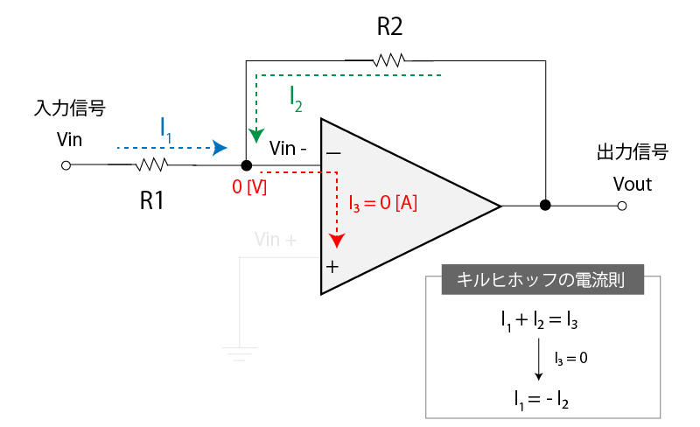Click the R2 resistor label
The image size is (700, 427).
(390, 27)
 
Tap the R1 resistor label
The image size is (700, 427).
(152, 200)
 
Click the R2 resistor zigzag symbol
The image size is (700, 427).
(389, 60)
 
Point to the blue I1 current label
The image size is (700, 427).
(166, 127)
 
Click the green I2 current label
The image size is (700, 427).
(297, 98)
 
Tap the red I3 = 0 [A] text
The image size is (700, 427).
(382, 203)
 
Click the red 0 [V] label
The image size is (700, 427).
(249, 186)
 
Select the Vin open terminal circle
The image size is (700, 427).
(64, 164)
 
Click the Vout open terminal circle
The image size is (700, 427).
(621, 206)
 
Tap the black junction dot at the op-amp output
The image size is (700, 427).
(545, 206)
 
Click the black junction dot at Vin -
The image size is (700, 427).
(247, 164)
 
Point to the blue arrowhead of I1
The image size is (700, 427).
(220, 147)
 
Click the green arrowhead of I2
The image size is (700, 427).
(255, 136)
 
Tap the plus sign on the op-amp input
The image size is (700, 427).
(332, 266)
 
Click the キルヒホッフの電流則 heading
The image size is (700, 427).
(543, 281)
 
